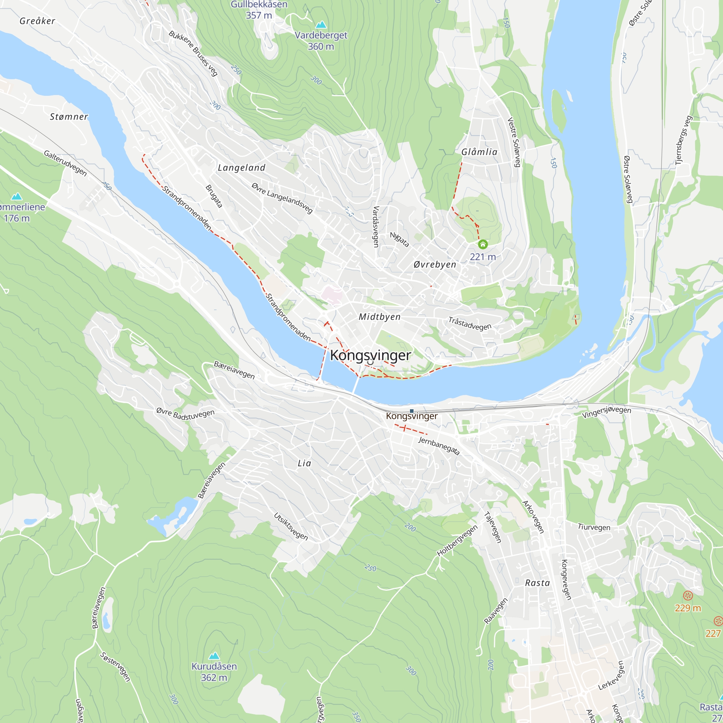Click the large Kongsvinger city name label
click(370, 355)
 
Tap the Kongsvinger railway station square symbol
click(412, 411)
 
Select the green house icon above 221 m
click(483, 244)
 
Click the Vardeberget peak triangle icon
click(321, 25)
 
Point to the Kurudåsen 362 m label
click(214, 672)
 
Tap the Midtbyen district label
click(380, 317)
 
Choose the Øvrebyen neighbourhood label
click(435, 264)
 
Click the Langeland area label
click(241, 168)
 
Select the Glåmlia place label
click(479, 151)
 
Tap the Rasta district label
click(538, 583)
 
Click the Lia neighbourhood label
click(304, 463)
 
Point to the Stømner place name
click(69, 117)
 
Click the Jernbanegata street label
click(438, 446)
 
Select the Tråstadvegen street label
click(470, 324)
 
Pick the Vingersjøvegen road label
click(606, 412)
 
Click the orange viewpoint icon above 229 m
click(688, 595)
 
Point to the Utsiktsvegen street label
click(291, 527)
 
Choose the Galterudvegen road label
click(65, 163)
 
